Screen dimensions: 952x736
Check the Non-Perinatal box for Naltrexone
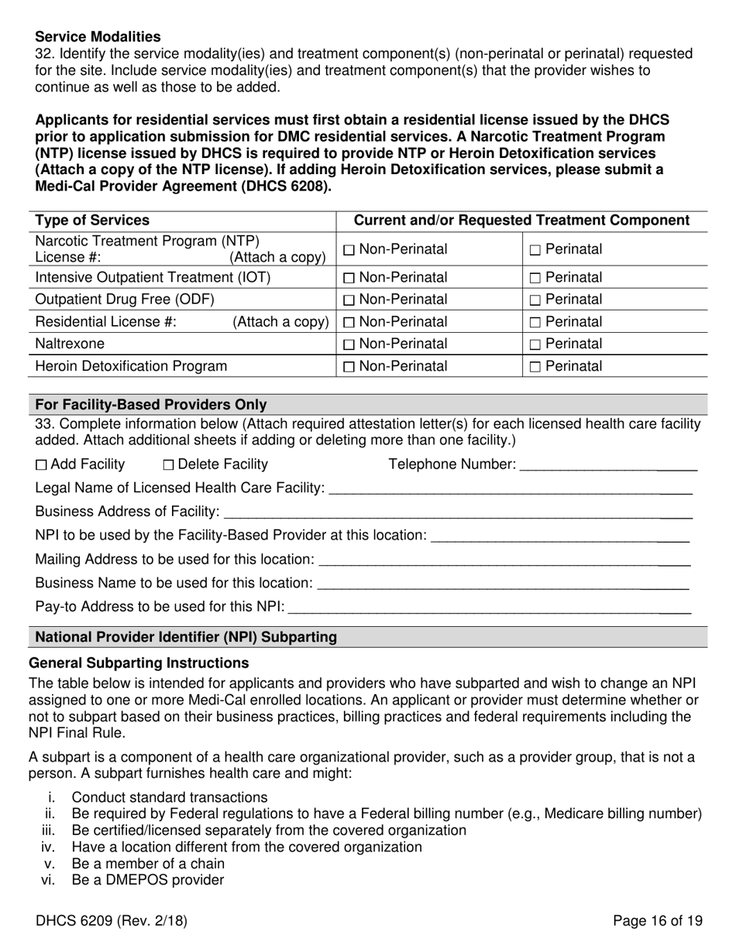click(348, 344)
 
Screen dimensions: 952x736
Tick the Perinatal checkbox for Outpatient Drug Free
click(535, 300)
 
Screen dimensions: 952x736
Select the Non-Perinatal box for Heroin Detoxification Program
click(348, 367)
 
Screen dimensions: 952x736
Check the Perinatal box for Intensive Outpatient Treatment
click(535, 278)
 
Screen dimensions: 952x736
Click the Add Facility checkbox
click(42, 465)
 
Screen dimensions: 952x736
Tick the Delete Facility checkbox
click(169, 465)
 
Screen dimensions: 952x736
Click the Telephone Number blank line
click(608, 466)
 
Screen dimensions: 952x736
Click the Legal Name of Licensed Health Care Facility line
click(510, 489)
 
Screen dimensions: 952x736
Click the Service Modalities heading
click(98, 36)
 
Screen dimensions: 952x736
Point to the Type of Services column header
click(93, 221)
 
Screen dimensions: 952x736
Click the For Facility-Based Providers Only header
click(151, 405)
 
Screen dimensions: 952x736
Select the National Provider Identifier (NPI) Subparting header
click(186, 637)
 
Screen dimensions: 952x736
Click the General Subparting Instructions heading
click(139, 663)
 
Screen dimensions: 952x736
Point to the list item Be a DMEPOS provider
click(147, 880)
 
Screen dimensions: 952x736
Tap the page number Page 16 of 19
click(657, 921)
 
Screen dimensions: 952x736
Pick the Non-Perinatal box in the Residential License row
click(348, 322)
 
